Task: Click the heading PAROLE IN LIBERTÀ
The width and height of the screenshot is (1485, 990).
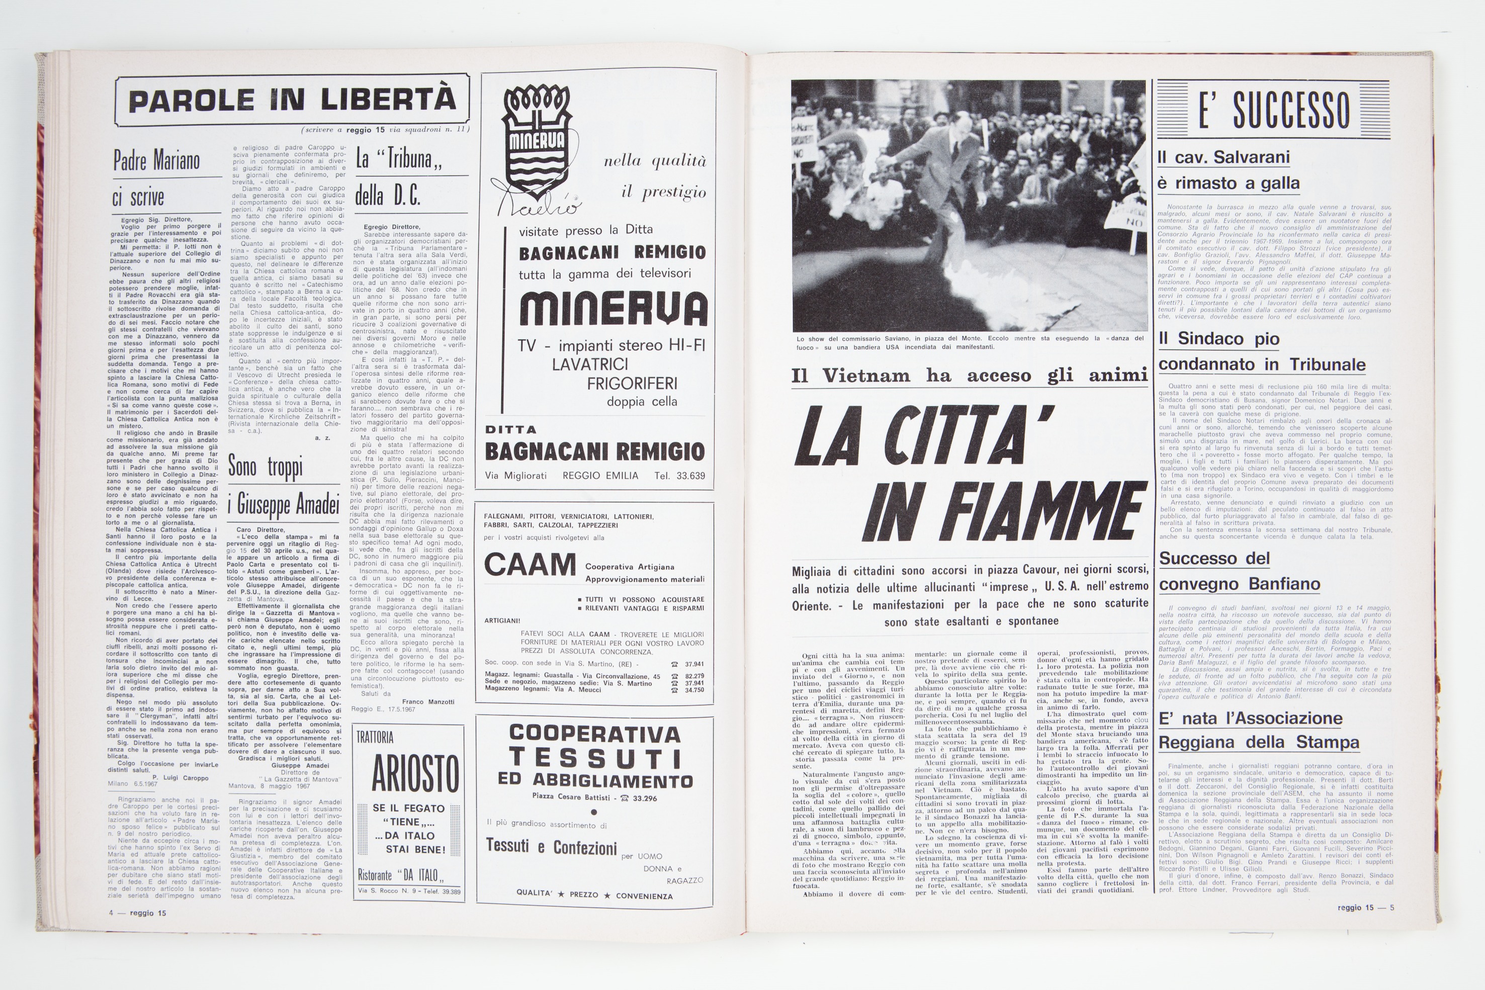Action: [x=292, y=100]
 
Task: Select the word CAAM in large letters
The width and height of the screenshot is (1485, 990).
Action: [x=530, y=565]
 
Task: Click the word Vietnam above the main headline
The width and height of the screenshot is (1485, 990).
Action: [x=866, y=376]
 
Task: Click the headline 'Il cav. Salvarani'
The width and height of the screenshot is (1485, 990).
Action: [x=1223, y=157]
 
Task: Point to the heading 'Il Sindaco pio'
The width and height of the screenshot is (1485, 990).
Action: [x=1218, y=338]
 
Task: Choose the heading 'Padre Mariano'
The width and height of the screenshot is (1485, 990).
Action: [x=156, y=160]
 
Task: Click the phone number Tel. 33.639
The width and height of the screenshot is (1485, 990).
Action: [x=679, y=476]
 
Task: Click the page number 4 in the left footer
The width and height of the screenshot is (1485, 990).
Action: [x=111, y=913]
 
